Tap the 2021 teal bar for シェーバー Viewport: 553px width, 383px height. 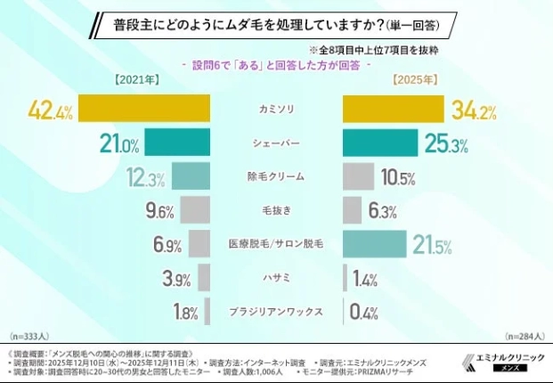pos(176,142)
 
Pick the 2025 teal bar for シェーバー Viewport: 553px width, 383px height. pos(379,142)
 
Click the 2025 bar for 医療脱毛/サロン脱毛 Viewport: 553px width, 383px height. pos(374,243)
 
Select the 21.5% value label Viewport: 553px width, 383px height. pos(432,244)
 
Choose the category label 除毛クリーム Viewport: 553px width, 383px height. pos(277,176)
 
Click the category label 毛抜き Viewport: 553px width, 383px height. pos(277,210)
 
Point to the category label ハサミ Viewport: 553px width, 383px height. pos(277,278)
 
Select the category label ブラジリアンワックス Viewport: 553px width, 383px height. pos(277,312)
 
